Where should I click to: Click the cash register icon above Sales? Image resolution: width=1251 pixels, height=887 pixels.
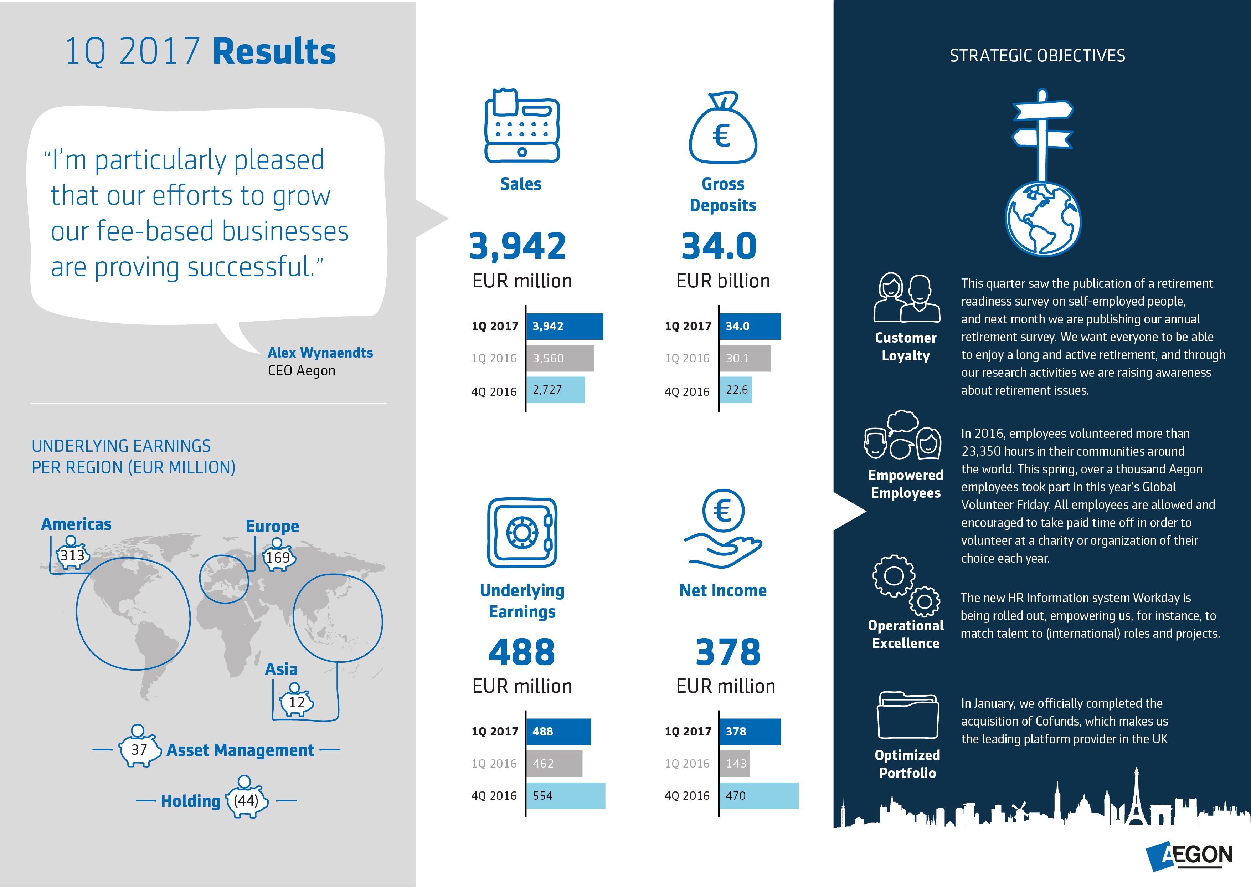(x=522, y=127)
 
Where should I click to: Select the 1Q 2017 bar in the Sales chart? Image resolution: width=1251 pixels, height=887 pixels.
(x=565, y=326)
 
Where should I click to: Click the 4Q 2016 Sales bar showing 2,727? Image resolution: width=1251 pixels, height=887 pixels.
(x=555, y=390)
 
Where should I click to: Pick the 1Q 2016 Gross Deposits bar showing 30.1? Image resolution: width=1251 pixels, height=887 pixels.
(x=744, y=358)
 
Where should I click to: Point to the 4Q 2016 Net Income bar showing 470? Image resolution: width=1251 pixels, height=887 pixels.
(x=758, y=795)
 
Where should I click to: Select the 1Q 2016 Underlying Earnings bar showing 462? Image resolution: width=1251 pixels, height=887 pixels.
(x=554, y=764)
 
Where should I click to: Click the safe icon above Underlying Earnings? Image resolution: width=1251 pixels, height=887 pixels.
(x=522, y=533)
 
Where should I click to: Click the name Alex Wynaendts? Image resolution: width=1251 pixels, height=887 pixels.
(x=320, y=353)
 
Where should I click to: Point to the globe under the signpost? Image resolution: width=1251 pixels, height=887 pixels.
(x=1042, y=219)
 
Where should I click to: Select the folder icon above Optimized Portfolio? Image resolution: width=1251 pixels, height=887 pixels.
(x=907, y=716)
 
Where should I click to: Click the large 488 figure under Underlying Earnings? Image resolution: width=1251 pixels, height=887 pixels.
(x=521, y=652)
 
